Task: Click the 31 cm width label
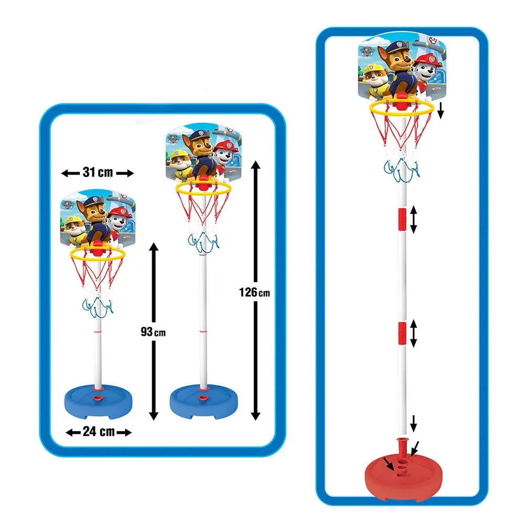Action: tap(98, 173)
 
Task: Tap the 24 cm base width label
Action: tap(98, 432)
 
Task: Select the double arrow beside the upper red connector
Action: tap(414, 219)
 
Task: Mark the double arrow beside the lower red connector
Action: tap(414, 334)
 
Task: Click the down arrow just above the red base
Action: tap(414, 422)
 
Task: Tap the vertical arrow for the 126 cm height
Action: tap(256, 236)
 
